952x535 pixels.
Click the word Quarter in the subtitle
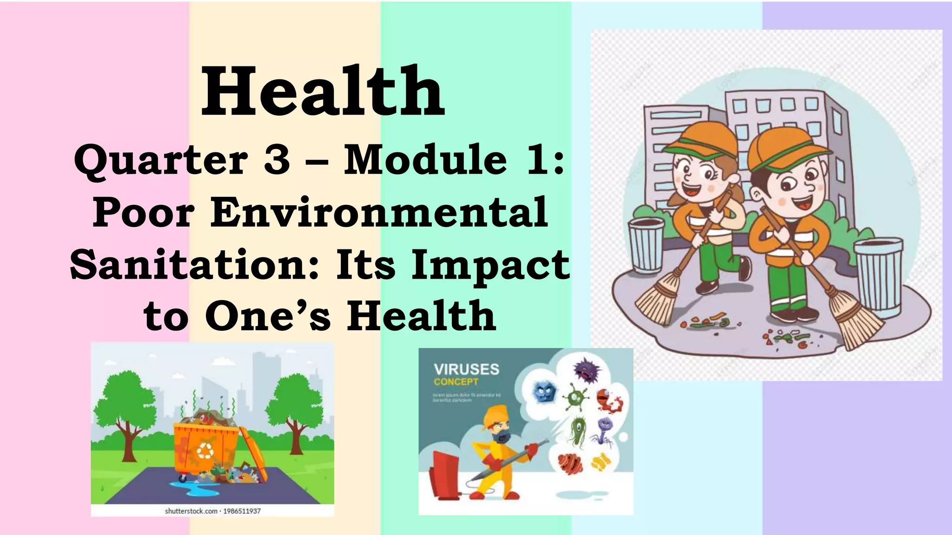(x=160, y=160)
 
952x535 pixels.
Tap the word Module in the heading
(x=424, y=160)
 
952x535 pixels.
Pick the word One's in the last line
(x=268, y=316)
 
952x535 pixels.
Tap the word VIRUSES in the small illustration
(x=466, y=369)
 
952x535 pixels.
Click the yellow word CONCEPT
(x=456, y=382)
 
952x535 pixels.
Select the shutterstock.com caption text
(x=212, y=511)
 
